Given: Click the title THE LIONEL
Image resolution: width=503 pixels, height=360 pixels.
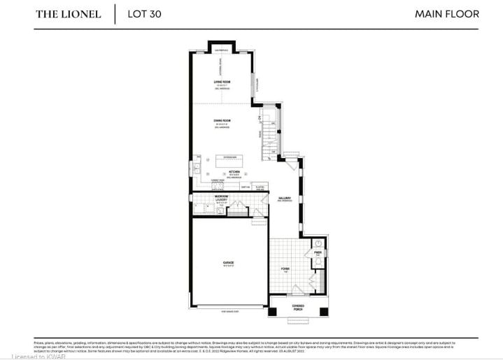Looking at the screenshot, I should point(68,14).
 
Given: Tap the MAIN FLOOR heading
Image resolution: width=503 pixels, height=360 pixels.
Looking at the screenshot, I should point(446,14).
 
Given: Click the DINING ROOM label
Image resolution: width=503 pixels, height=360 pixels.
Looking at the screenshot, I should point(222,122).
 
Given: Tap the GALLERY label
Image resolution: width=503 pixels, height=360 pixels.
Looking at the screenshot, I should point(283,198).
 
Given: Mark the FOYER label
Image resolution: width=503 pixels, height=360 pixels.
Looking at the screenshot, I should point(285,268).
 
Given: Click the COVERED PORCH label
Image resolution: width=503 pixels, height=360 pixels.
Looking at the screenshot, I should point(298,306).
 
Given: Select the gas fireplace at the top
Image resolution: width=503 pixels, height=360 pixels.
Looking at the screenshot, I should point(222,50).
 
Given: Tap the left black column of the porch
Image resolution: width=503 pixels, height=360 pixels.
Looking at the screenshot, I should point(274,311).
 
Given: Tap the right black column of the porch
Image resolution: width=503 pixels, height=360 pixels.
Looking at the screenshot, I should point(323,311).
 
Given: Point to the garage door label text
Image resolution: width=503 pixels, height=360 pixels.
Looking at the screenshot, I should point(229,311).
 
